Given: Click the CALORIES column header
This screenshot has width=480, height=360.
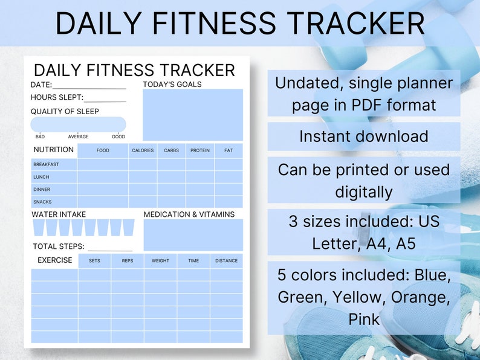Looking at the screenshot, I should pos(143,150).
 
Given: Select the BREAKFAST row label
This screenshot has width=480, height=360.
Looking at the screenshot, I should pos(46,164).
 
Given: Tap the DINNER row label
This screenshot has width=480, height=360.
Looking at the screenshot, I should pos(42,190).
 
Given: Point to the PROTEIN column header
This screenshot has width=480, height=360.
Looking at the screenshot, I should pos(200,150).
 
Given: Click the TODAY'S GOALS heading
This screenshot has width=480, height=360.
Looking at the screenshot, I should pos(172,85).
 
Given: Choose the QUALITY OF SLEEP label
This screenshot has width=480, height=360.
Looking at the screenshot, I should pos(65,111).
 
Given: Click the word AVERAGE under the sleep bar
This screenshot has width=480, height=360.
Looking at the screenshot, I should pos(78,137).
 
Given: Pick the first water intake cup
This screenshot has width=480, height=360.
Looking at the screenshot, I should pos(39,228).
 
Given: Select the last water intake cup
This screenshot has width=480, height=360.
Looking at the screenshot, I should pos(128,228).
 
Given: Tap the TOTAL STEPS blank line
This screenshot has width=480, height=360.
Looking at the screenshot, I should pos(109,249).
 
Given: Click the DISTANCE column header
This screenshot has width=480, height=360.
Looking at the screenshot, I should pos(226,261).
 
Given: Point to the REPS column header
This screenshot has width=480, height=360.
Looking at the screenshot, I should pos(128,261).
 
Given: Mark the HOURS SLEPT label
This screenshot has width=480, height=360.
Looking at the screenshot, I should pos(57,97).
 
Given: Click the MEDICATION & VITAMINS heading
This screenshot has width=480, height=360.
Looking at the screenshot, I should pos(189,214).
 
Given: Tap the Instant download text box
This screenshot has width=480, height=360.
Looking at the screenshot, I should pos(364,137).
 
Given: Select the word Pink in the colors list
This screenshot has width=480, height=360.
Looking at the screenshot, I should pos(364,318).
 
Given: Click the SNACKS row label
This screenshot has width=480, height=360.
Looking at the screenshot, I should pos(42,202).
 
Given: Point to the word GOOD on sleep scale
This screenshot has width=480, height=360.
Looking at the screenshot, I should pos(118,137).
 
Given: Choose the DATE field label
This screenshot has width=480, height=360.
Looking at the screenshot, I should pos(41,85).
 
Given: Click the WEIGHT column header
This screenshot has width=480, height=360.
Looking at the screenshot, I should pos(160,261).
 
